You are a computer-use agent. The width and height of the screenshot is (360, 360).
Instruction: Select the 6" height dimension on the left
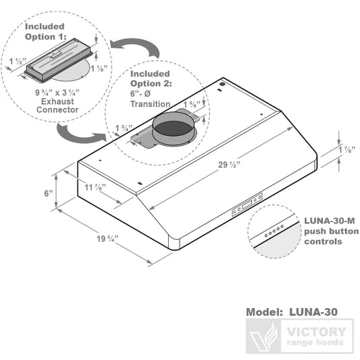point(48,192)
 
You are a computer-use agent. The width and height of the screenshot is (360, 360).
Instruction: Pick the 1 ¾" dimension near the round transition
point(123,128)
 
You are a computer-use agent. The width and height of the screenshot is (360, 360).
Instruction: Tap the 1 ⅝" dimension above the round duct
point(191,104)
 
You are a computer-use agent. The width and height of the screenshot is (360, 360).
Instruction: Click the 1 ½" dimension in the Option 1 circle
point(18,61)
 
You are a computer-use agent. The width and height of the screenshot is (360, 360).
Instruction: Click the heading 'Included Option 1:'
point(45,32)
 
